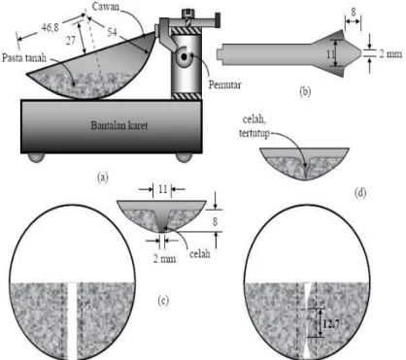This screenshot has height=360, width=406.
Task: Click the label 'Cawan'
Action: [106, 7]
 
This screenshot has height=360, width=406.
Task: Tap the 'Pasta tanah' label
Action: [24, 58]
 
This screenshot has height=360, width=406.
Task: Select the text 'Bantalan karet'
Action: [119, 125]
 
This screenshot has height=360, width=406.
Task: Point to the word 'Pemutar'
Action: [225, 84]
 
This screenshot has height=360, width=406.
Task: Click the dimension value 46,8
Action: [51, 28]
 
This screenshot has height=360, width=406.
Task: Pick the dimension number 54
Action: [112, 32]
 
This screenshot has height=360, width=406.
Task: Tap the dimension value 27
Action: [71, 41]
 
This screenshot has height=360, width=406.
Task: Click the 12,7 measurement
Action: [331, 323]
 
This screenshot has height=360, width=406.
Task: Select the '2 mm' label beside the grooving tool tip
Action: [390, 53]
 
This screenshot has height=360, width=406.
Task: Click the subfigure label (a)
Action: [103, 177]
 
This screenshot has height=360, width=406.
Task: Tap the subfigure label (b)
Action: [305, 92]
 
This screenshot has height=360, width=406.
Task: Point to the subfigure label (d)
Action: [360, 193]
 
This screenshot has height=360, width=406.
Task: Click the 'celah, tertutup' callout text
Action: [254, 126]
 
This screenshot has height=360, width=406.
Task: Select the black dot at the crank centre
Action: [185, 57]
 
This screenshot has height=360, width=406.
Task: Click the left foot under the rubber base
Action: [36, 157]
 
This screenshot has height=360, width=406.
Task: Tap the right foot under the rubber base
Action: [185, 157]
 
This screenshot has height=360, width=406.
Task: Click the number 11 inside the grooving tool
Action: [330, 54]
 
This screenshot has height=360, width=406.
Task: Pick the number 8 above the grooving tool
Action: [354, 12]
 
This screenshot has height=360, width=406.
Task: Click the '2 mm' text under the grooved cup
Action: [165, 258]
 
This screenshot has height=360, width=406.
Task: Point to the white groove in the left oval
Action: [73, 321]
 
